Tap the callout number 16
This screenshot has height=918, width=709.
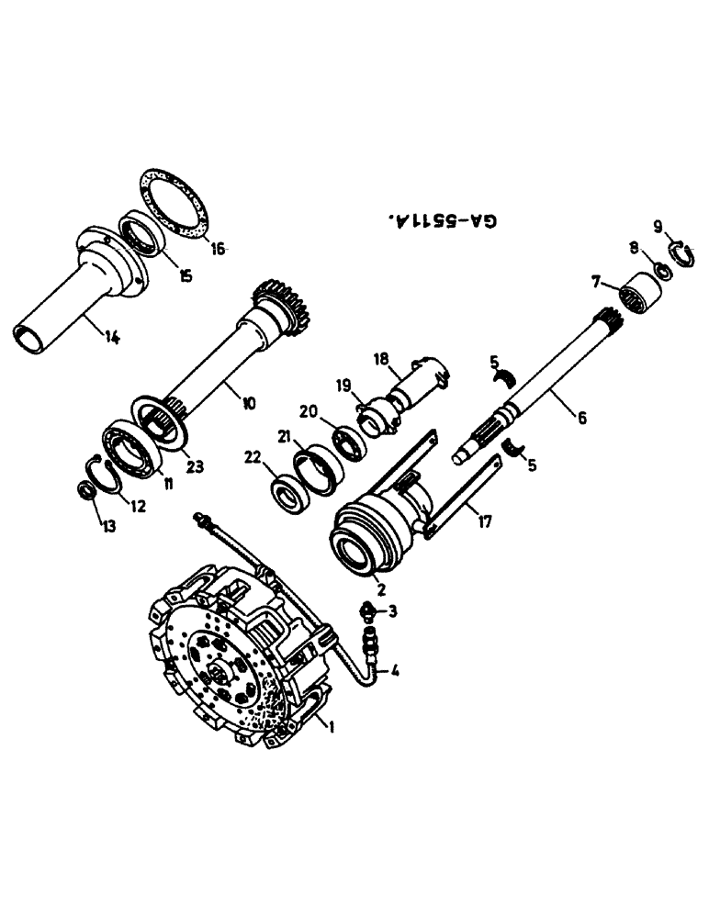pos(218,248)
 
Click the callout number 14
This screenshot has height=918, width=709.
pos(111,336)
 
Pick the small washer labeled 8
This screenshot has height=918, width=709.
pos(660,272)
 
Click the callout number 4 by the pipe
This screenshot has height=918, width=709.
pos(395,671)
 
